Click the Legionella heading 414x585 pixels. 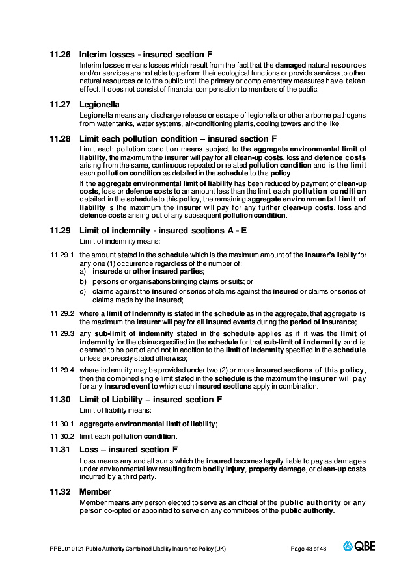click(99, 104)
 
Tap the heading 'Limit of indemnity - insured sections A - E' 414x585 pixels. click(163, 230)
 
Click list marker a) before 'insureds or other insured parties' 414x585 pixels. click(83, 271)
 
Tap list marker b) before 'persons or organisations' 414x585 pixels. click(83, 281)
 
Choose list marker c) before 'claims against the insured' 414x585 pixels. click(83, 291)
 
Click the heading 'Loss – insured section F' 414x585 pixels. click(128, 449)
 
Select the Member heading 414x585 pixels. click(95, 492)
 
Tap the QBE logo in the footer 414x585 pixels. click(359, 547)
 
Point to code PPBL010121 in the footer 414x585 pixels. click(66, 549)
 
